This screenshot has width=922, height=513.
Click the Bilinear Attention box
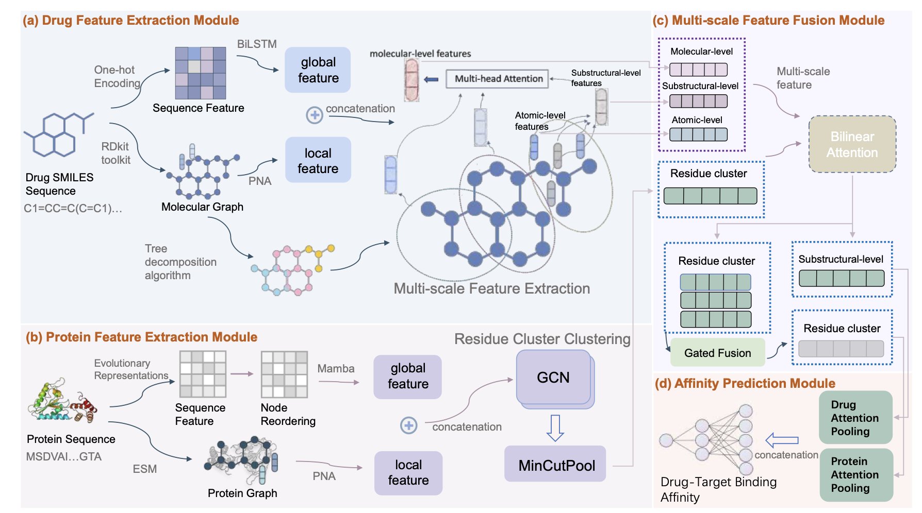click(852, 144)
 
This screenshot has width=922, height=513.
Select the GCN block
click(553, 378)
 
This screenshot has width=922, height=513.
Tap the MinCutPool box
click(556, 465)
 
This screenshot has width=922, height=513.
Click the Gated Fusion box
click(717, 353)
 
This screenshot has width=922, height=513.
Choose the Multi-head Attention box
click(497, 79)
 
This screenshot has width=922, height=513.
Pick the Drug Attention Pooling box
click(855, 418)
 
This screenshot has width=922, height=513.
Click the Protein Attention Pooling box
click(855, 474)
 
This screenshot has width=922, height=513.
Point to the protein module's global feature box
click(407, 377)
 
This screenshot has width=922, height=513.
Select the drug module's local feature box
click(318, 160)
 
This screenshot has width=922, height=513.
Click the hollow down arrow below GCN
click(555, 427)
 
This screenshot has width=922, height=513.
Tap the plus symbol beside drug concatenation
click(315, 115)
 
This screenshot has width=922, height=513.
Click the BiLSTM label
click(257, 44)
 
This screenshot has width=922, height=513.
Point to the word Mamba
click(336, 369)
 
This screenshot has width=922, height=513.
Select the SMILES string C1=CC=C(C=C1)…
click(73, 209)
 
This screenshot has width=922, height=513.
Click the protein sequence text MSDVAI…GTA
click(64, 456)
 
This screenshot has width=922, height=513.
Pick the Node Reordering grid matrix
click(284, 374)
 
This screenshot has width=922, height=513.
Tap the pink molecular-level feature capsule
click(411, 79)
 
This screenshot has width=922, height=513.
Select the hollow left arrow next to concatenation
click(782, 440)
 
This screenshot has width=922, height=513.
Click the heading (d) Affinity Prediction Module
click(745, 383)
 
